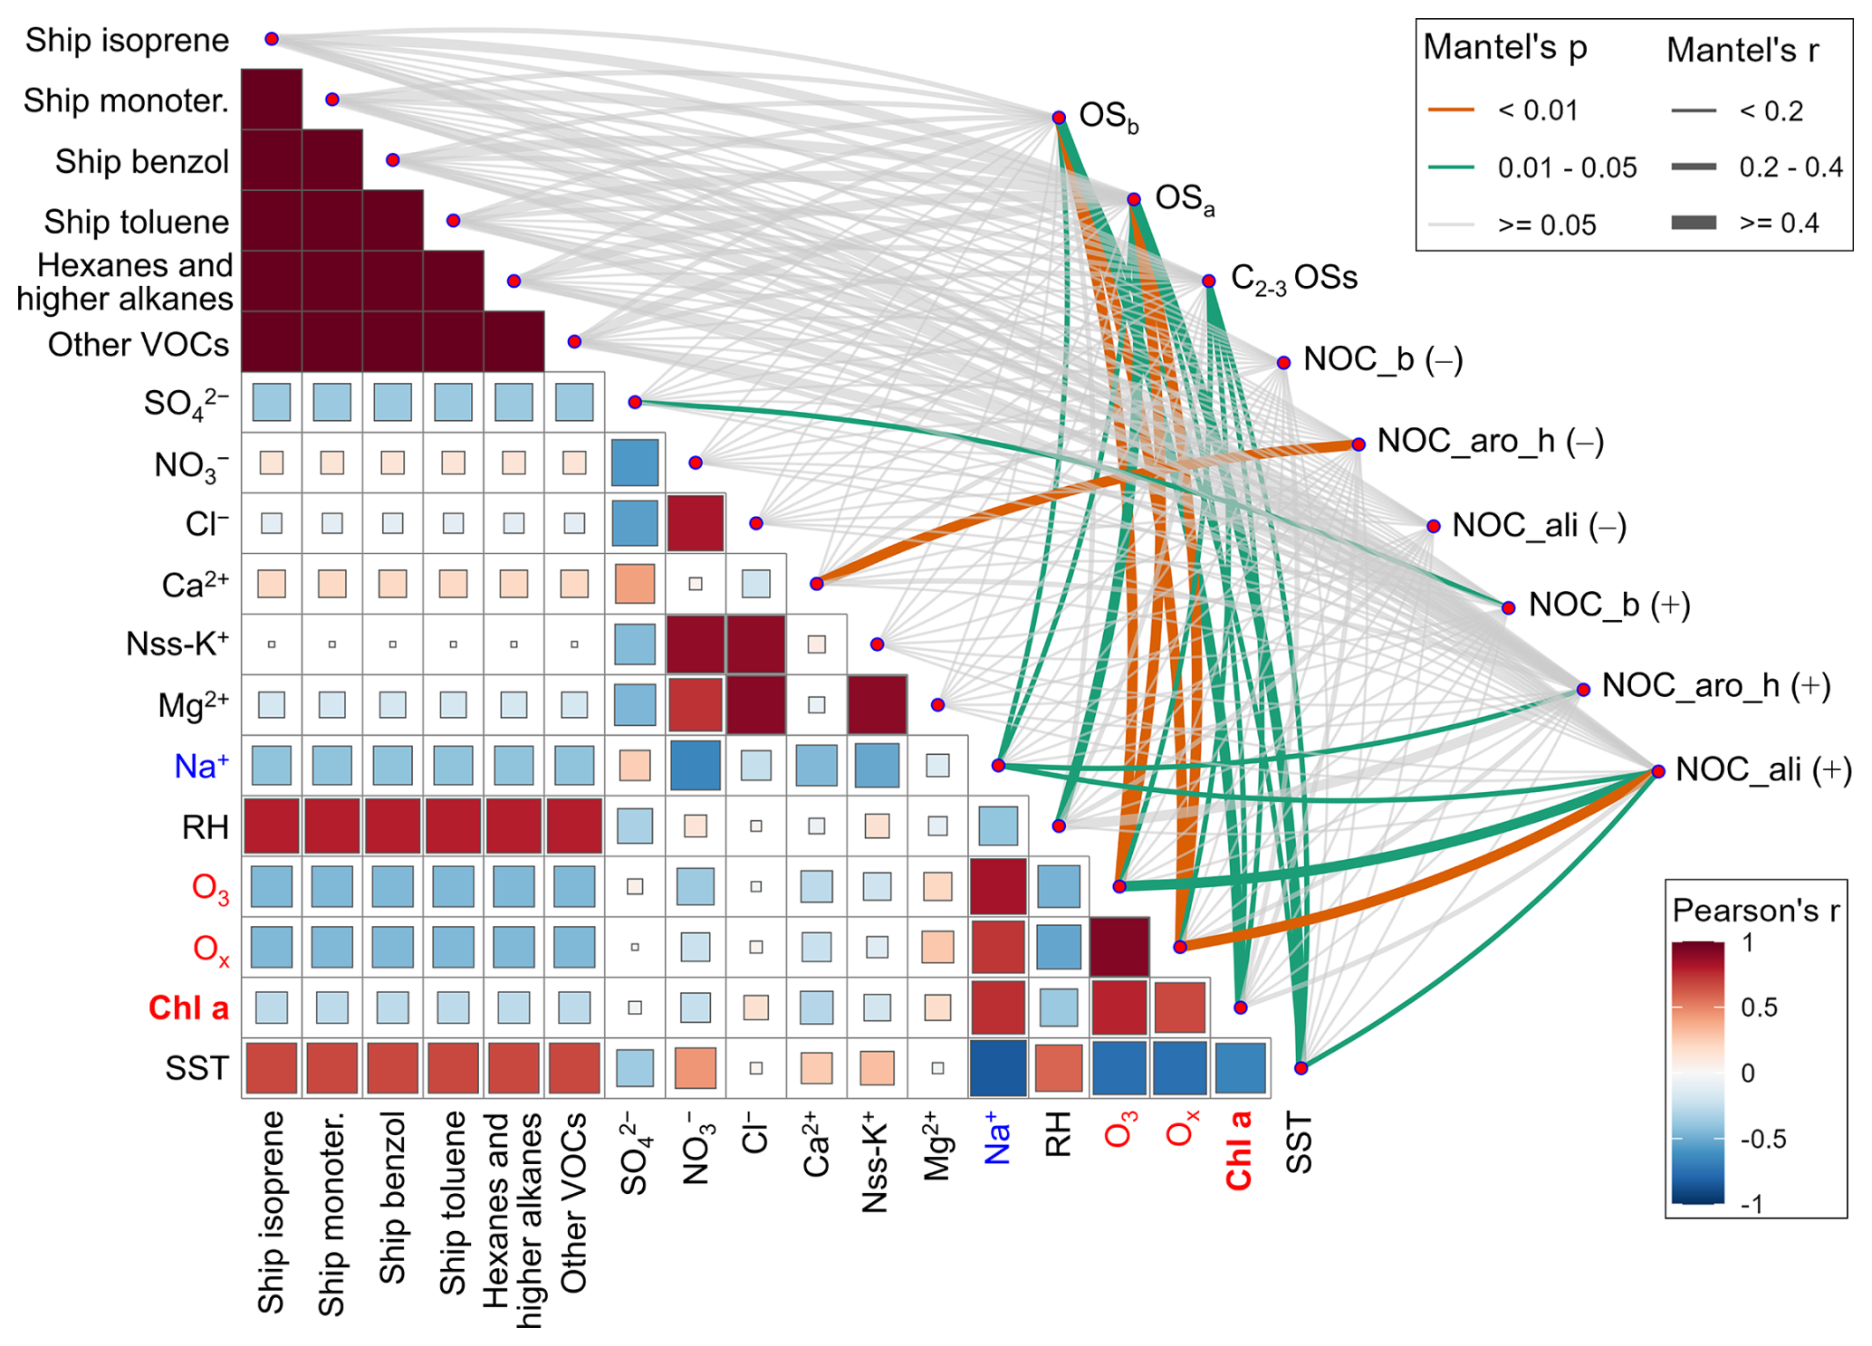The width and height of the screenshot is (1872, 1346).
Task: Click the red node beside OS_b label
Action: point(1059,118)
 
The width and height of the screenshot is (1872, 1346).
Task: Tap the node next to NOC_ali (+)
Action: point(1658,771)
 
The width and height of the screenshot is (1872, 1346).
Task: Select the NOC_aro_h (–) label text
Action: point(1490,442)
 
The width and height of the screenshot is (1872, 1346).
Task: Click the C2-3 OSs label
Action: point(1293,279)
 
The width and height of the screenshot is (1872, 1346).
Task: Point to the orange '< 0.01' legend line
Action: point(1451,110)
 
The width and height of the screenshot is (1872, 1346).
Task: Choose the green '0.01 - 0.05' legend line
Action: point(1451,167)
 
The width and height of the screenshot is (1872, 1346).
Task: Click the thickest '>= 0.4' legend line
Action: point(1694,223)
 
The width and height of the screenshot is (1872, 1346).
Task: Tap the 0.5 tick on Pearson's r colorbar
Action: point(1759,1007)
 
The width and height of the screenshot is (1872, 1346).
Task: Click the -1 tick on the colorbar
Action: point(1752,1204)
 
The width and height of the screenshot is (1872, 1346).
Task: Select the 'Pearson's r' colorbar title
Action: point(1755,911)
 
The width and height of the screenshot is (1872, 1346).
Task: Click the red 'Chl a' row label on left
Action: point(188,1007)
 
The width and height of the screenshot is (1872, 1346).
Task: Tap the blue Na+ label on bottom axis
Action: point(997,1140)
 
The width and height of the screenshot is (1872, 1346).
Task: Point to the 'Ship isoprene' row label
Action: point(127,40)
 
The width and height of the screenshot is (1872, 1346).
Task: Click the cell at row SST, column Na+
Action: point(997,1068)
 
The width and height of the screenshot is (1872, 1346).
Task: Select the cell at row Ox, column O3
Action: point(1119,947)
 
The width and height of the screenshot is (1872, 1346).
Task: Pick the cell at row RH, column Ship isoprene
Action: point(272,826)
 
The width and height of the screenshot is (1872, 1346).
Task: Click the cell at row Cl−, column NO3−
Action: point(696,523)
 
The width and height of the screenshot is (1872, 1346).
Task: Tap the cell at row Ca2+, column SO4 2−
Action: point(635,584)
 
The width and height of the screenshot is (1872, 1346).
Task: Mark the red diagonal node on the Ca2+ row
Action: point(817,584)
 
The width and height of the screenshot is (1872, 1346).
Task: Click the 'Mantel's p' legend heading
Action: point(1504,47)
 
